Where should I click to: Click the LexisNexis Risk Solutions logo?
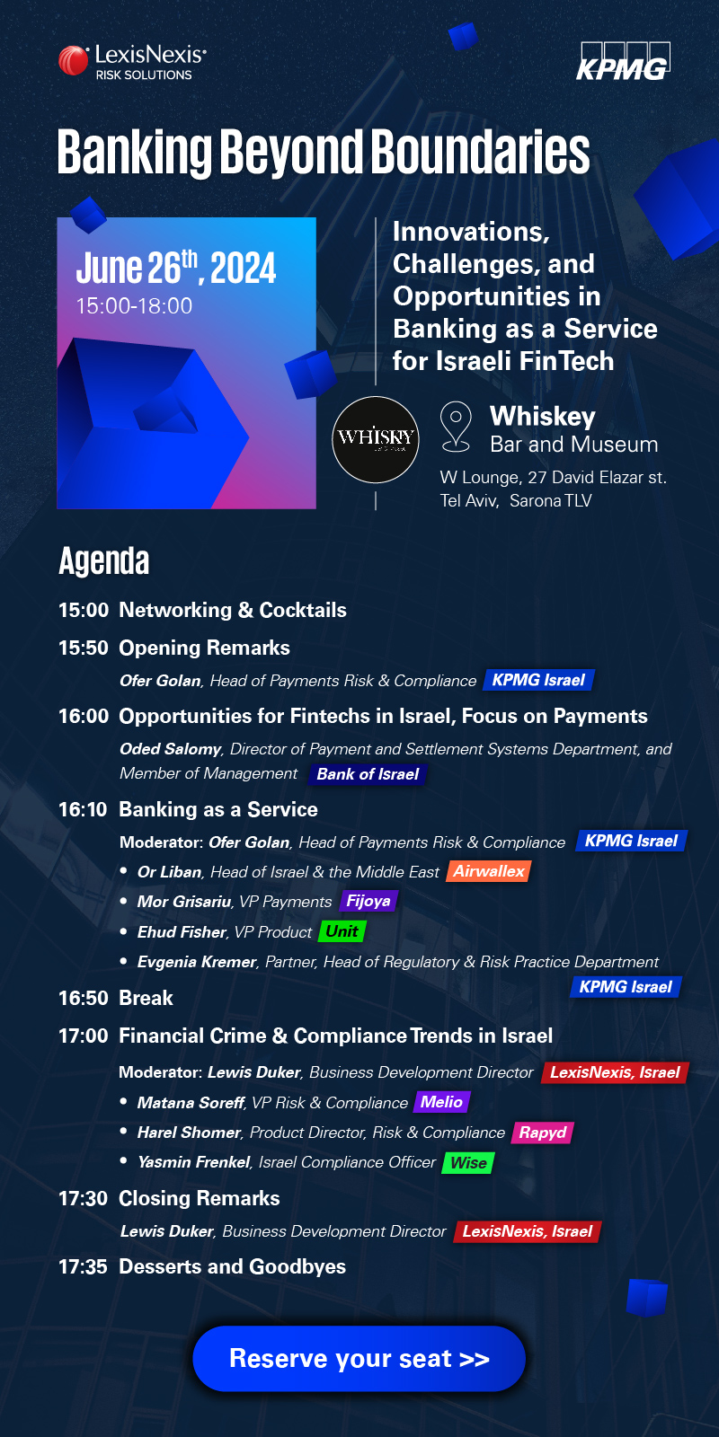[x=133, y=62]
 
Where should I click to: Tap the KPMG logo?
[x=624, y=61]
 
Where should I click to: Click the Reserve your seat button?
[x=359, y=1358]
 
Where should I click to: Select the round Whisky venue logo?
[x=376, y=439]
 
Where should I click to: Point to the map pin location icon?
[x=456, y=427]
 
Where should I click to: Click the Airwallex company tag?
[x=489, y=871]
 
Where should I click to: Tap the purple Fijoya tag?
[x=368, y=902]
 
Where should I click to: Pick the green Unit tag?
[x=342, y=931]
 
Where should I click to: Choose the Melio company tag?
[x=441, y=1102]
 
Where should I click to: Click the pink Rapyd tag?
[x=543, y=1133]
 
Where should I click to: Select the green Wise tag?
[x=468, y=1162]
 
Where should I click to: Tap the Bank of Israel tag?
[x=368, y=773]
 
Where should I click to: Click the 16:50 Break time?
[x=84, y=998]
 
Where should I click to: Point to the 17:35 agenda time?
[x=83, y=1266]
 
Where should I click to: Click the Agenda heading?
[x=104, y=560]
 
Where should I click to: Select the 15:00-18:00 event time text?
[x=134, y=305]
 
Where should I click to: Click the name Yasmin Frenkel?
[x=193, y=1162]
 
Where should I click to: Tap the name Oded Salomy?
[x=170, y=749]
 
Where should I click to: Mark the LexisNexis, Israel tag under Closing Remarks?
[x=527, y=1231]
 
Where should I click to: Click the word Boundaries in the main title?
[x=481, y=152]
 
